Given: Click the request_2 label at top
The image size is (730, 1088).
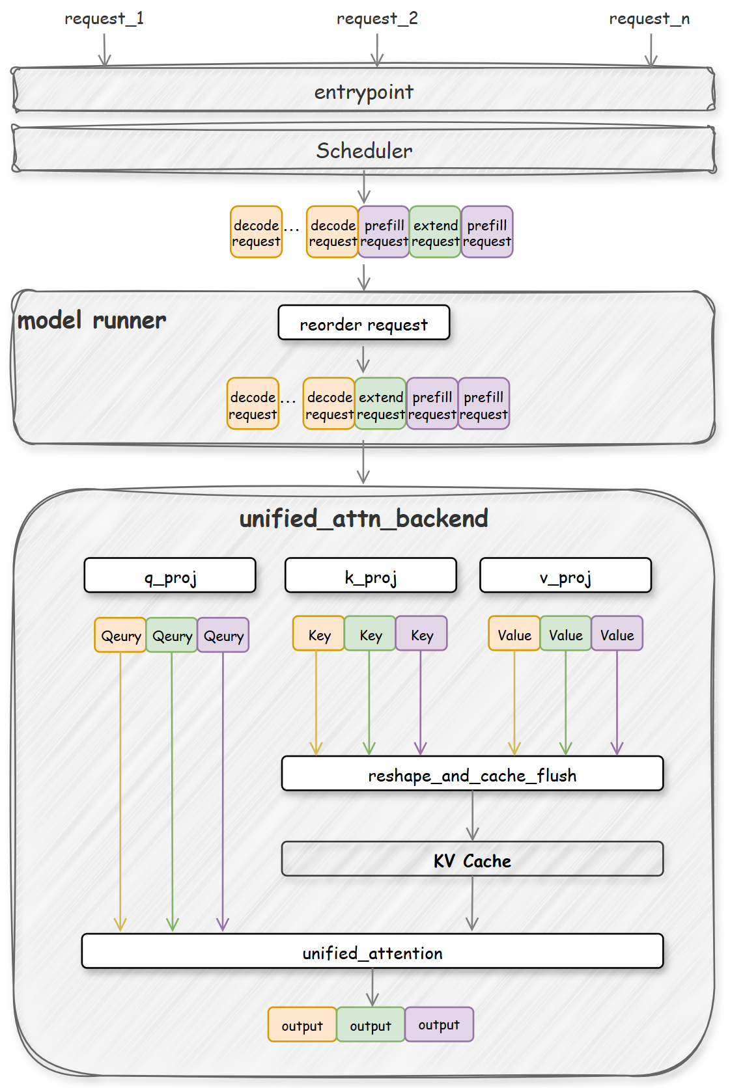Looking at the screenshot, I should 377,19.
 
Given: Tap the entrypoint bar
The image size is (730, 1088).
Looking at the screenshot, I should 363,91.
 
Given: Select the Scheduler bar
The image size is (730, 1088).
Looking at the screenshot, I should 363,150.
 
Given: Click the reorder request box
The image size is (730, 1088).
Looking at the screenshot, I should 363,323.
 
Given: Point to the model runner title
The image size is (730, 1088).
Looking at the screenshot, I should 92,321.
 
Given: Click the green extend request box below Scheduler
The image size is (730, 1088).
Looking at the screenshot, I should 435,232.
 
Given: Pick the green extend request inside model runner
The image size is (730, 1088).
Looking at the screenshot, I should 380,404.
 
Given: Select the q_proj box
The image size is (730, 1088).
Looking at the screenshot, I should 170,576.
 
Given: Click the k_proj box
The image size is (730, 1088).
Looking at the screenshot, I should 371,576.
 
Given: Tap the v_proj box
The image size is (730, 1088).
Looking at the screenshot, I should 565,576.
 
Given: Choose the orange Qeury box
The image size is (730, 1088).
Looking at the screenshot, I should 120,636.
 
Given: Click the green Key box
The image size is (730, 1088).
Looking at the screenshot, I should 370,634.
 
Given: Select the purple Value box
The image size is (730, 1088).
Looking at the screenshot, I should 617,634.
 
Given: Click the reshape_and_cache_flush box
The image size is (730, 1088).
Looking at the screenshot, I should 472,774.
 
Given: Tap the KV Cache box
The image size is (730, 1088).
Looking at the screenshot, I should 472,860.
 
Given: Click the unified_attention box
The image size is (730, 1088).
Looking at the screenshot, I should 372,952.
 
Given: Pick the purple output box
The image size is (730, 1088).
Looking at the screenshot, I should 439,1025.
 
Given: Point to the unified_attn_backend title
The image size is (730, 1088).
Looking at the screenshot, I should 363,519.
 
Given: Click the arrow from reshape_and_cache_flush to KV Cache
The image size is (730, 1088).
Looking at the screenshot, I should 473,816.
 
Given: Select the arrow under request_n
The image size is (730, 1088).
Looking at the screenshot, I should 651,50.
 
